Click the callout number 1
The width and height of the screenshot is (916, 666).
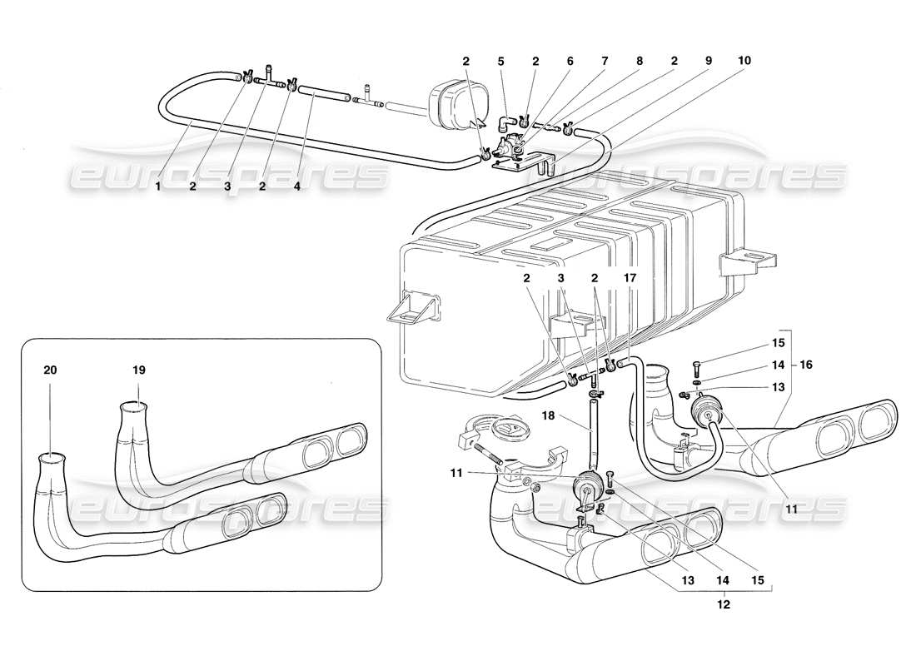coord(157,187)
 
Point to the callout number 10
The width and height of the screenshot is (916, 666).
coord(744,61)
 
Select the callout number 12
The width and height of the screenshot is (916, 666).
coord(723,605)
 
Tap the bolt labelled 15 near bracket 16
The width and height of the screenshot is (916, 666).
coord(696,364)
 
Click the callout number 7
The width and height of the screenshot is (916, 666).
coord(605,61)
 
